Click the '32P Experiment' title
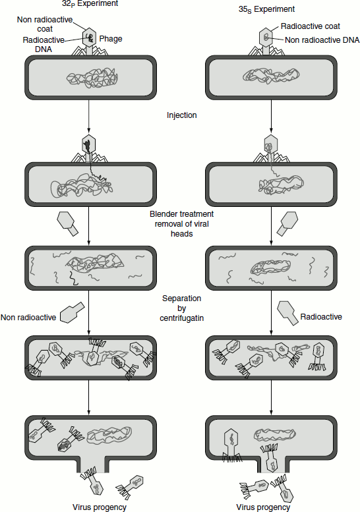click(x=90, y=3)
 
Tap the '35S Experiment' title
click(x=266, y=9)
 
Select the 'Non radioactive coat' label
click(x=45, y=24)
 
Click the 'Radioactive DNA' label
click(x=44, y=44)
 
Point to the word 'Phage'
click(x=111, y=39)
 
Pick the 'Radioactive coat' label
click(x=311, y=26)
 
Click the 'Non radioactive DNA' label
click(x=322, y=40)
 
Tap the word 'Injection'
click(x=181, y=115)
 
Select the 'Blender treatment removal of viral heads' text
click(x=181, y=224)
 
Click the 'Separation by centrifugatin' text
click(x=181, y=308)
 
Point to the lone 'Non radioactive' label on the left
click(x=28, y=318)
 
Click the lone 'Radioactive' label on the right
click(x=321, y=317)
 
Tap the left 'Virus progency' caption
click(x=100, y=507)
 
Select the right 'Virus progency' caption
click(x=263, y=507)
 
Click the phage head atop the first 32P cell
click(x=89, y=37)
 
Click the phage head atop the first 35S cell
click(x=266, y=37)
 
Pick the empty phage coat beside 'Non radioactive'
click(x=73, y=312)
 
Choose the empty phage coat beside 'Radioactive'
click(x=288, y=313)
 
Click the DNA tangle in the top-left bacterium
click(x=92, y=78)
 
